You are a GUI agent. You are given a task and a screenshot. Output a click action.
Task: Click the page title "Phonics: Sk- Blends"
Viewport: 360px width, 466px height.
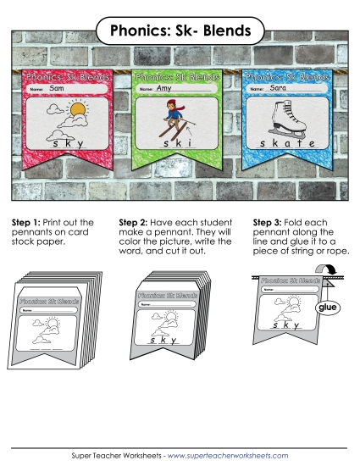(x=180, y=31)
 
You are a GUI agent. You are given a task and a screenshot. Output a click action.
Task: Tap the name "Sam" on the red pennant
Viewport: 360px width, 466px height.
(x=58, y=88)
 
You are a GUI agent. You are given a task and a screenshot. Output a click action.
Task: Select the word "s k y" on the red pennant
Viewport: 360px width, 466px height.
(x=68, y=144)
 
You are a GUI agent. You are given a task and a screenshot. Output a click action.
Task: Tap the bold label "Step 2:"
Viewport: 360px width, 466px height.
(x=139, y=223)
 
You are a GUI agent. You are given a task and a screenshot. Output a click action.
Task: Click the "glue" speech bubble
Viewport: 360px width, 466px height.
(x=325, y=308)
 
